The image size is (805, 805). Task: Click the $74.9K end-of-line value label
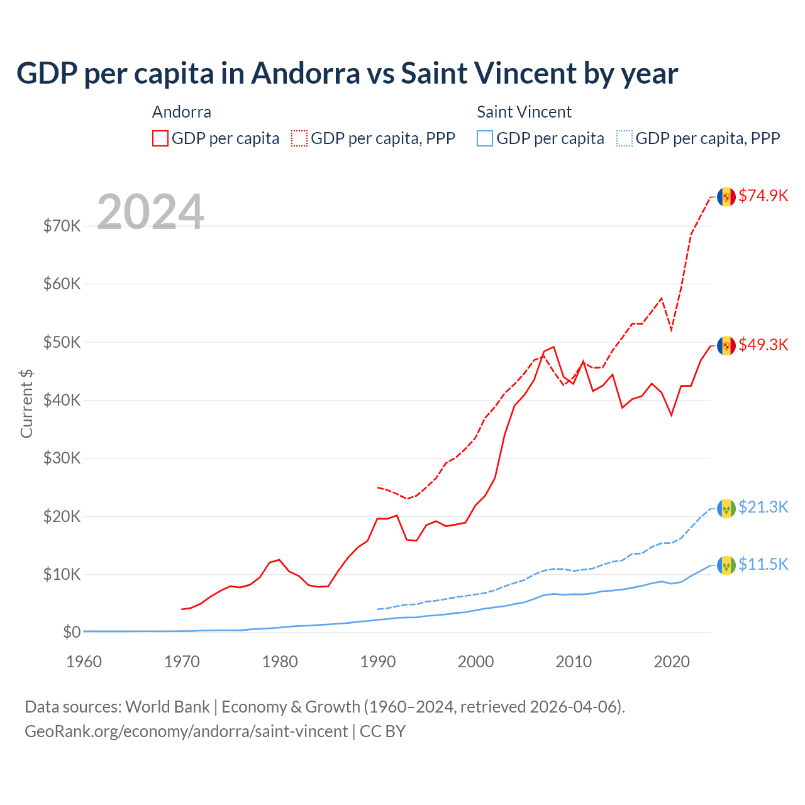[x=763, y=196]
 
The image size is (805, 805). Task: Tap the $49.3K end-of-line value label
[x=763, y=345]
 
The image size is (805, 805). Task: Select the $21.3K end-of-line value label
[x=763, y=507]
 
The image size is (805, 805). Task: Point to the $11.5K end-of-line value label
[x=763, y=564]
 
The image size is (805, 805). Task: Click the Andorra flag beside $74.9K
[x=726, y=197]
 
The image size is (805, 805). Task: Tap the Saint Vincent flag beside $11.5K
[x=726, y=565]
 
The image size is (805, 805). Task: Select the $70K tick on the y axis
[x=62, y=226]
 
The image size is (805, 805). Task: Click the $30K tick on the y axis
[x=62, y=458]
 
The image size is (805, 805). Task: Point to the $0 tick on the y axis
[x=72, y=632]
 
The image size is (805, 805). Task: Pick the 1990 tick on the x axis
[x=378, y=662]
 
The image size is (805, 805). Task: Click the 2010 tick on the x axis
[x=574, y=662]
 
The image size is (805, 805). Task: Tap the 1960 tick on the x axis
[x=84, y=662]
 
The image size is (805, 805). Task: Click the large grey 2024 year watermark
[x=150, y=212]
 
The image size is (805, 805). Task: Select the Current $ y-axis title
[x=26, y=404]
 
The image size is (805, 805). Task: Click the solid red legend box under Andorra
[x=160, y=138]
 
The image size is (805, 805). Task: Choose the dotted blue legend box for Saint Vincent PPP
[x=625, y=138]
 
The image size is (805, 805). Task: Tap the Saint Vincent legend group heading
[x=524, y=112]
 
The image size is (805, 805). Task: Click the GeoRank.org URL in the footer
[x=186, y=731]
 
